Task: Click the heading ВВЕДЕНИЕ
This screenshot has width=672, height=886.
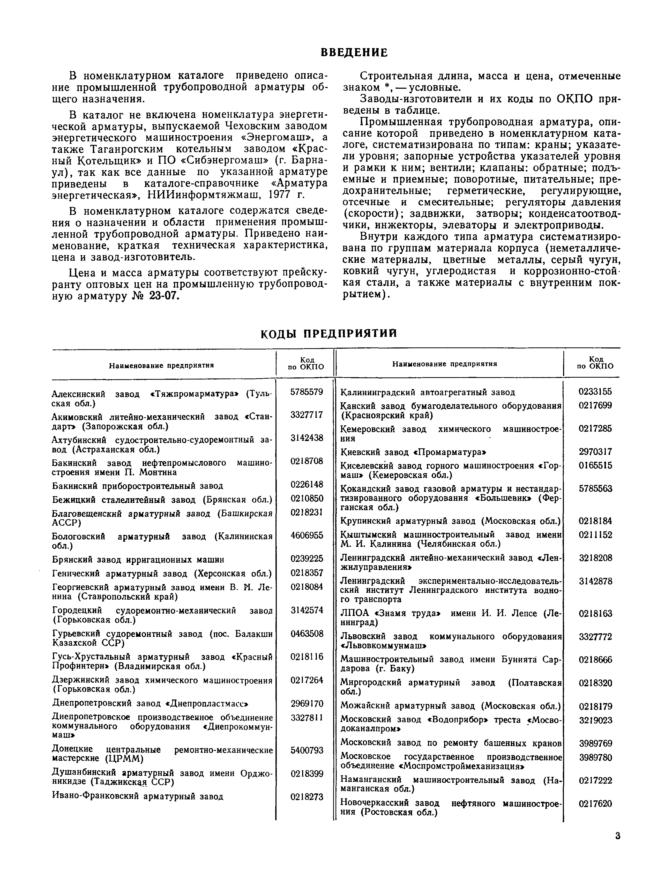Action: tap(354, 53)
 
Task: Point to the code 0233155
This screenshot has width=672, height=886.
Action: tap(595, 392)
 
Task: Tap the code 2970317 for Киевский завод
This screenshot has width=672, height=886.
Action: tap(595, 452)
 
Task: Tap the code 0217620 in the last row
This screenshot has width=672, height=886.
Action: tap(595, 803)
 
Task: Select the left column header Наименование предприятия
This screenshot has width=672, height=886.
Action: tap(161, 365)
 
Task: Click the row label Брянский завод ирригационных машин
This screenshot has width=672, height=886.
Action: tap(138, 559)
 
